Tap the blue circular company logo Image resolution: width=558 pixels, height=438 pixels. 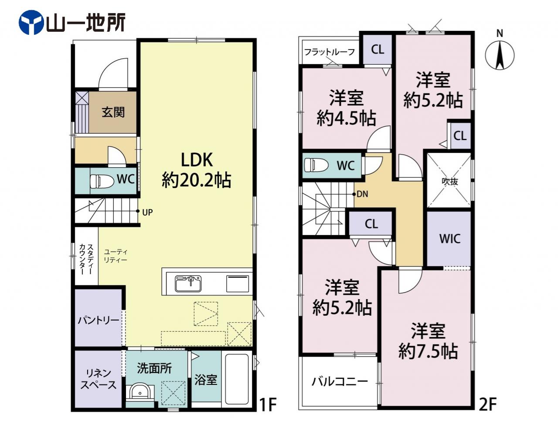(31, 23)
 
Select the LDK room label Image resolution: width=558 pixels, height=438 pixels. (197, 160)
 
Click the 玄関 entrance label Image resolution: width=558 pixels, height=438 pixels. (113, 112)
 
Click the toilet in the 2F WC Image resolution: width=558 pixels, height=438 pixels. (316, 165)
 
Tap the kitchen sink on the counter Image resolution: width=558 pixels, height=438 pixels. (188, 283)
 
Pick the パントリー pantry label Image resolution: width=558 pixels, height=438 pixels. (99, 320)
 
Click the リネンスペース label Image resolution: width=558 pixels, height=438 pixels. (99, 380)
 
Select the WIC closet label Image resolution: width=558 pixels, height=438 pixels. (449, 239)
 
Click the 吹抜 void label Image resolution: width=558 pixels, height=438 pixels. (449, 182)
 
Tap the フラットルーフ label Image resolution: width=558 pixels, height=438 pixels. (330, 52)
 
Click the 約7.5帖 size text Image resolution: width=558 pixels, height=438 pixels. (428, 351)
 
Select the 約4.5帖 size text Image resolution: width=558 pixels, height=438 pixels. (346, 118)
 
